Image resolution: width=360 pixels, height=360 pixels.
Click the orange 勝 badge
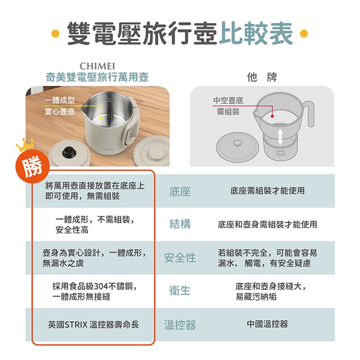tap(32, 166)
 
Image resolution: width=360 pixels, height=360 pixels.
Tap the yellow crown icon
tap(24, 145)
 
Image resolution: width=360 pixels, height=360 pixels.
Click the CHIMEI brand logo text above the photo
tap(97, 66)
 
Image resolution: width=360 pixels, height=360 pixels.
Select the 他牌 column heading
tap(262, 77)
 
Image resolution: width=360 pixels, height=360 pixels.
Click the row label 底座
tap(180, 191)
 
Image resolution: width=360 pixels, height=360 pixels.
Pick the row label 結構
tap(180, 224)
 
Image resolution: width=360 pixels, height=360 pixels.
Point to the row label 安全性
tap(180, 258)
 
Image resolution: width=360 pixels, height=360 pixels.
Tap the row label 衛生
tap(180, 290)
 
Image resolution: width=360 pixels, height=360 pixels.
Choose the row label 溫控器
tap(180, 325)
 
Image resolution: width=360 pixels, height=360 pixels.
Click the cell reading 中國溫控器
tap(268, 324)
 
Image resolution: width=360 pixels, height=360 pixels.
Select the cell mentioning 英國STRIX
tap(94, 325)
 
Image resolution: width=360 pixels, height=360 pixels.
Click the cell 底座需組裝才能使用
tap(268, 191)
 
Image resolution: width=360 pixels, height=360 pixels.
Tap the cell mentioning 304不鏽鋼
tap(95, 291)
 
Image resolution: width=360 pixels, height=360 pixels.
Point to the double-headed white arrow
tap(280, 137)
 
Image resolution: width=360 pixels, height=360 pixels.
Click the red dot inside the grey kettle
tap(272, 116)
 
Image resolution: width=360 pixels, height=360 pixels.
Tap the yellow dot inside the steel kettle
tap(100, 118)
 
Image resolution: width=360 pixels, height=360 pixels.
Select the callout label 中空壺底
tap(228, 100)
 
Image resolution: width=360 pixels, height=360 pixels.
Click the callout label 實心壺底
tap(60, 112)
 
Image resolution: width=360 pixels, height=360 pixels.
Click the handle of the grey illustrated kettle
tap(309, 114)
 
